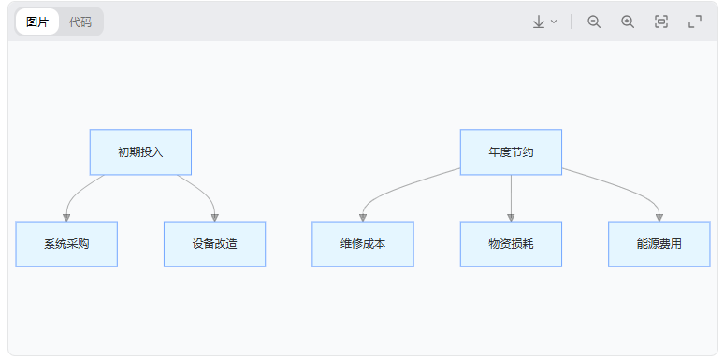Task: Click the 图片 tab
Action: click(37, 22)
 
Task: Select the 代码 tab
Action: click(80, 22)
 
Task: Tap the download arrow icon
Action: click(539, 22)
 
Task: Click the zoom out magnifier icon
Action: click(594, 22)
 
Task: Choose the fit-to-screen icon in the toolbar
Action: click(661, 22)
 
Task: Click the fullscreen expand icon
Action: click(695, 22)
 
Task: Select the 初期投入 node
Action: click(140, 152)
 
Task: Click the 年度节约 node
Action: click(511, 152)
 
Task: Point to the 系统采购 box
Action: click(66, 244)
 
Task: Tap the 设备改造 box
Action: click(214, 244)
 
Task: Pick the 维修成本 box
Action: click(363, 244)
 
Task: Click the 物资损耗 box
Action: click(511, 244)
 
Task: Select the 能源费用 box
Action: click(659, 244)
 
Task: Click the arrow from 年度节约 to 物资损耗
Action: click(511, 196)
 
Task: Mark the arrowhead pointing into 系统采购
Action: click(66, 217)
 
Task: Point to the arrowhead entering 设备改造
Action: click(214, 217)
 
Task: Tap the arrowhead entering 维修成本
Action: click(363, 217)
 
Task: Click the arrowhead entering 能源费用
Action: click(659, 217)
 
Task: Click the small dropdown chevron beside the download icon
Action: click(554, 22)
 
